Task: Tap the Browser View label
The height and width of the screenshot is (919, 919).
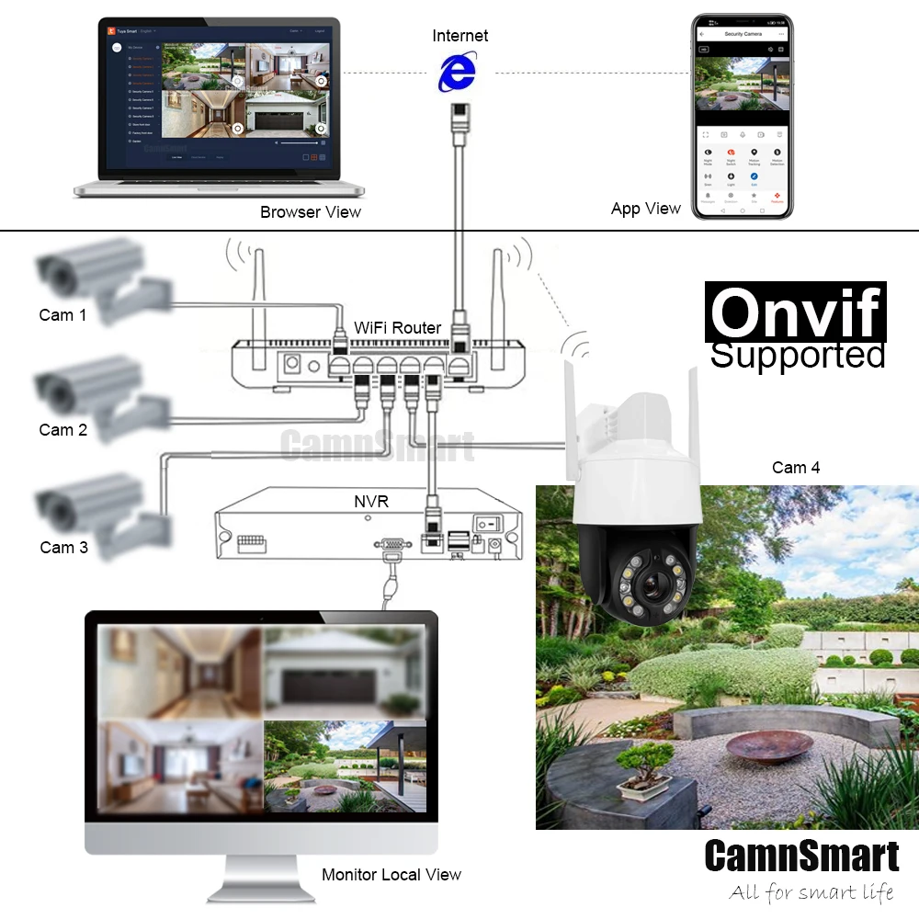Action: click(x=311, y=212)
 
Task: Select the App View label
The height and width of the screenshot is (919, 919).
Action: click(x=646, y=209)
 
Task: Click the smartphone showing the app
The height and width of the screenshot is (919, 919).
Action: click(x=743, y=116)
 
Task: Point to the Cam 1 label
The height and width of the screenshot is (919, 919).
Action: click(x=62, y=315)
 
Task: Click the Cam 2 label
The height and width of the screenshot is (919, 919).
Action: click(x=62, y=429)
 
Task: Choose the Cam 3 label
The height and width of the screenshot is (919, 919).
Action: click(x=63, y=547)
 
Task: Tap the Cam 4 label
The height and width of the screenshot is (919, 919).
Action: click(x=796, y=468)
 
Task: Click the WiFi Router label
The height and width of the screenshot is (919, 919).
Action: click(x=398, y=327)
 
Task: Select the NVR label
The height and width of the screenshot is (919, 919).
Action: click(x=371, y=501)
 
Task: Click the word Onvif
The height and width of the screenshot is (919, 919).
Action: click(x=796, y=312)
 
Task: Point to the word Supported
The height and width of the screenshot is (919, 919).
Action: click(x=798, y=355)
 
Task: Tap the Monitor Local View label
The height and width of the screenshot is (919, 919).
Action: click(x=391, y=875)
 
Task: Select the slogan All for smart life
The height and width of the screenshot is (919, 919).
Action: click(x=811, y=891)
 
